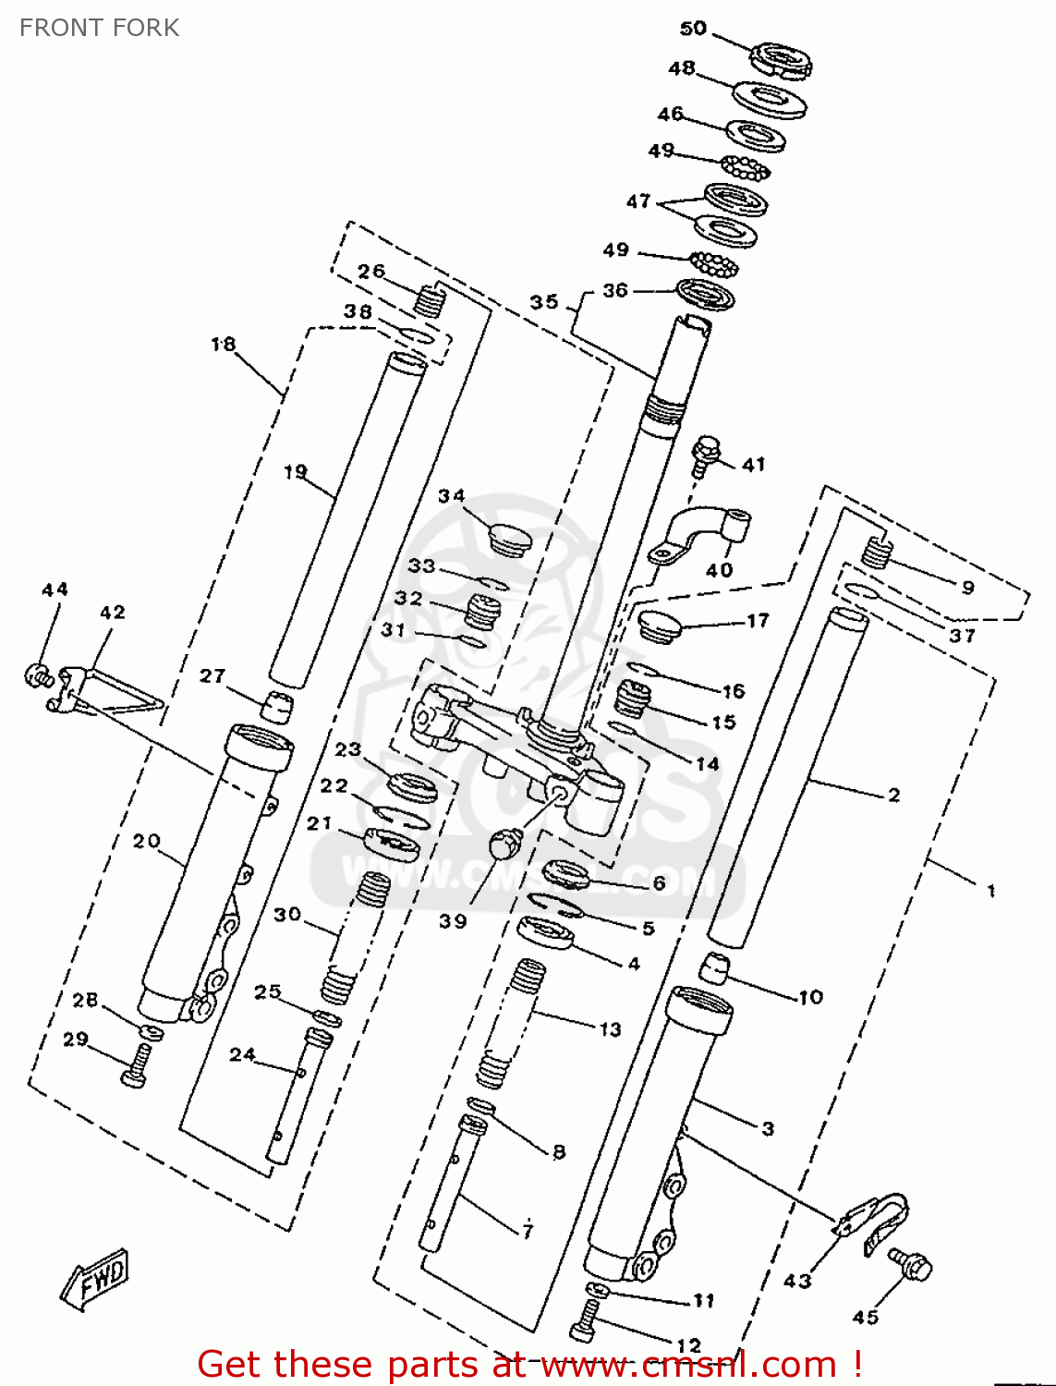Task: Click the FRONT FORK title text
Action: tap(99, 28)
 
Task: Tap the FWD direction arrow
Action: tap(96, 1279)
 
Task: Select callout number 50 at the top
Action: tap(693, 29)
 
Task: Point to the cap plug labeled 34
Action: tap(508, 539)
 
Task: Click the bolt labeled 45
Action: tap(910, 1264)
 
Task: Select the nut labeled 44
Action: tap(37, 675)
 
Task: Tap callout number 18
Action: tap(224, 345)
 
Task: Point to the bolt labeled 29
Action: tap(135, 1065)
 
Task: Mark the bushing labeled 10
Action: tap(712, 969)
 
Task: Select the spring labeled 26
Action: tap(430, 300)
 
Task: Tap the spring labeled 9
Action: tap(877, 553)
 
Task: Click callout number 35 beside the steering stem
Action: tap(544, 302)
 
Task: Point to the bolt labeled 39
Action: tap(505, 843)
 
